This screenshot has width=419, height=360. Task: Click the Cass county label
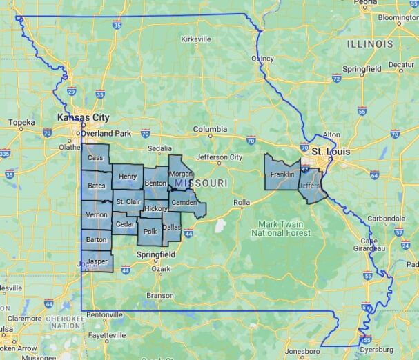click(95, 158)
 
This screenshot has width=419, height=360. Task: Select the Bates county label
click(96, 186)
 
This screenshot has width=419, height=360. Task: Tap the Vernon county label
click(95, 215)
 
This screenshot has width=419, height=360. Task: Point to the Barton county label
click(95, 239)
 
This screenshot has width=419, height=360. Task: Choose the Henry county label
click(127, 177)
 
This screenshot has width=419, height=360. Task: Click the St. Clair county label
click(128, 202)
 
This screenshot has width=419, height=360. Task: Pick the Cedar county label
click(125, 224)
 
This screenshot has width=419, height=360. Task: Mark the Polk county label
click(150, 232)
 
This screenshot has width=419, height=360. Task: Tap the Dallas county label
click(171, 227)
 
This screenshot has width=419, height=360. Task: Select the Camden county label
click(184, 202)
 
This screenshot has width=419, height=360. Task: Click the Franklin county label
click(282, 174)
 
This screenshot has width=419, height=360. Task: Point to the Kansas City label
click(83, 118)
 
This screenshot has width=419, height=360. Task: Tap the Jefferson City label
click(220, 157)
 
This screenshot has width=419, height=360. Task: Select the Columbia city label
click(210, 129)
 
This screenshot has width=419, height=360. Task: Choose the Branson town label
click(160, 295)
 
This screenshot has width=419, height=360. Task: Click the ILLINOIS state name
click(370, 43)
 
